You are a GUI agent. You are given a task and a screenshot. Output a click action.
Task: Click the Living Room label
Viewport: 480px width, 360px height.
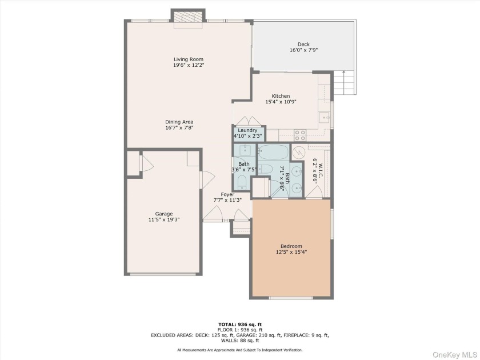tap(189, 59)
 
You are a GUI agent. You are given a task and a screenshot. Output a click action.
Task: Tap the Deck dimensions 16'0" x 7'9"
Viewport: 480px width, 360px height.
tap(303, 50)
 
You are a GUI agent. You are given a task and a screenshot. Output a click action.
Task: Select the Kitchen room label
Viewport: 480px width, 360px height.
tap(281, 96)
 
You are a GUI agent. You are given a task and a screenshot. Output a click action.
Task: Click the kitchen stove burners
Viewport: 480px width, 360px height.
tap(299, 135)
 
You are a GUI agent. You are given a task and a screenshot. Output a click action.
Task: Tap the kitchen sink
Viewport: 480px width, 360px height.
tap(324, 117)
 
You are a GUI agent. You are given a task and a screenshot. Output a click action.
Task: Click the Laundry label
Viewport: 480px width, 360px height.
tap(247, 130)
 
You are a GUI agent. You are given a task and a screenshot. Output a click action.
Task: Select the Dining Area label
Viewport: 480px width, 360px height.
tap(179, 122)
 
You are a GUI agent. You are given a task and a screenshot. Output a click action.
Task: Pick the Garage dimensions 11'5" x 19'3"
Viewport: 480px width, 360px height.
tap(164, 219)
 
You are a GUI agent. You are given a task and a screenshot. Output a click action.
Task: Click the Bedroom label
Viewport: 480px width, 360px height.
tap(291, 246)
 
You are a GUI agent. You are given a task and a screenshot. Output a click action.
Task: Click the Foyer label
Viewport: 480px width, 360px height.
tap(228, 194)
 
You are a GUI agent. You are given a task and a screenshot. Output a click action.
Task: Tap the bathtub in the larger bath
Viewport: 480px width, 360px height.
tap(273, 152)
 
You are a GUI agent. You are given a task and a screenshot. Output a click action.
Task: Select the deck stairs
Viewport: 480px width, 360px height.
tap(344, 83)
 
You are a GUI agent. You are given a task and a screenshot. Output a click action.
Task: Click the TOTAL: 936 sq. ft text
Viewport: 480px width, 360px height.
tap(240, 325)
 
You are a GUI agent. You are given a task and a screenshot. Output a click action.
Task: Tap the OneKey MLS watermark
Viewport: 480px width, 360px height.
tap(455, 355)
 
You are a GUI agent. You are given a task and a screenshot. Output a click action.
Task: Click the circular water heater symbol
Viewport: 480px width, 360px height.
tap(297, 152)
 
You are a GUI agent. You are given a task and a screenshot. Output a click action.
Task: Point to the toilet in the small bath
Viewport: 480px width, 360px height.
tap(242, 182)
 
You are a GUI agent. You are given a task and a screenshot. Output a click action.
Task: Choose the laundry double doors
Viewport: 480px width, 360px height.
tap(249, 121)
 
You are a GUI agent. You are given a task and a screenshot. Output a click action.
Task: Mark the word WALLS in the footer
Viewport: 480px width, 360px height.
tap(228, 341)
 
